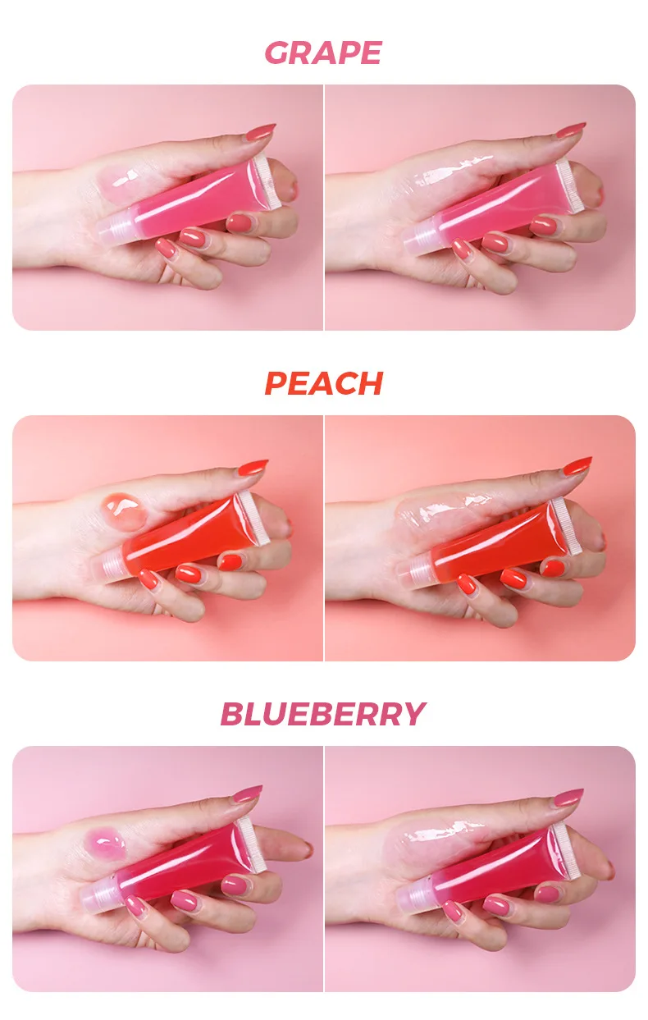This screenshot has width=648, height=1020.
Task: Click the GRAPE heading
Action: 323,53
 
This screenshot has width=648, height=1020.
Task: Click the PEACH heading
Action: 323,383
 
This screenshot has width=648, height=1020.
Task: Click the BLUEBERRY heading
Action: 323,714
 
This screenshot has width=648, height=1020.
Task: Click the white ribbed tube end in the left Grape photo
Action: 267,182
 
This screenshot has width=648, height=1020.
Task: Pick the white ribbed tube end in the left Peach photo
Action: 254,518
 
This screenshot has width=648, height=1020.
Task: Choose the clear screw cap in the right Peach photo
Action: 414,574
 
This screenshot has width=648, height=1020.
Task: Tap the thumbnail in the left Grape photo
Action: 260,131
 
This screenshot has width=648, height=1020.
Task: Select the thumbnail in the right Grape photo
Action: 570,130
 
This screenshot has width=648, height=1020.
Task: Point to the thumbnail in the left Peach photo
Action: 253,468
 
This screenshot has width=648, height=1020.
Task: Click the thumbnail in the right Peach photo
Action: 577,466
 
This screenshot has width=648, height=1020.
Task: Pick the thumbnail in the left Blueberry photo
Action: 248,794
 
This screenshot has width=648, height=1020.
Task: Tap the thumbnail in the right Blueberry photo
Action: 568,798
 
